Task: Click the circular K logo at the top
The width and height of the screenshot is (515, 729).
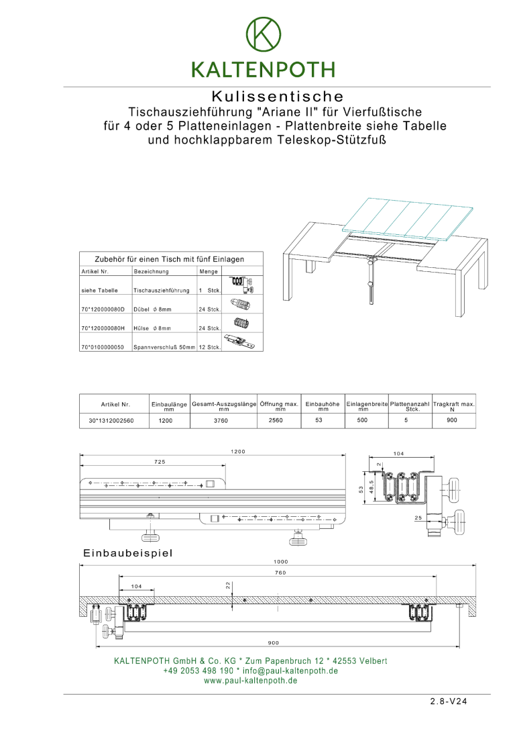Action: (264, 33)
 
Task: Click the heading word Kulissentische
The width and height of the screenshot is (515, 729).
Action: (278, 97)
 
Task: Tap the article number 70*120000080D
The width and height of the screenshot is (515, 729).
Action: (103, 309)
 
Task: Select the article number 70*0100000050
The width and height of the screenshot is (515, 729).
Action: (103, 347)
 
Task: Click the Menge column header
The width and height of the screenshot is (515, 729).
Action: (209, 272)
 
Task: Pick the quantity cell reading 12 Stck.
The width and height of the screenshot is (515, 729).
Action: (210, 347)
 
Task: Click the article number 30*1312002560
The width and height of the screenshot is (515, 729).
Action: (111, 421)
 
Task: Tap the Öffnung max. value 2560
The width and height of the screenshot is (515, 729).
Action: (276, 421)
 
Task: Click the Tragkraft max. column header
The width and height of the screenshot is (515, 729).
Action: (453, 405)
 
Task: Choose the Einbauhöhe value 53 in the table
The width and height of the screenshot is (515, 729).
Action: (319, 420)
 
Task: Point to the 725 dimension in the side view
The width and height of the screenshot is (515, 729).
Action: (160, 462)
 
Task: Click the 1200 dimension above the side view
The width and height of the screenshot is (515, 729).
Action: (238, 452)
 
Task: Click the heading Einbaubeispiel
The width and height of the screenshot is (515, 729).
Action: (128, 553)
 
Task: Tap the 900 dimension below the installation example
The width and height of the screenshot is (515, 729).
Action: (274, 642)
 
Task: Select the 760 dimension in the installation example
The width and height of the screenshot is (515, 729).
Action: (280, 572)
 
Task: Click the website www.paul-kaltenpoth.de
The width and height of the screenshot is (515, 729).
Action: (251, 681)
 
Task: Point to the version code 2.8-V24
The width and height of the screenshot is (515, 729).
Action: (448, 702)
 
